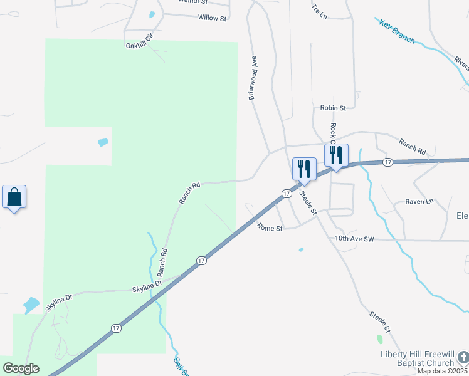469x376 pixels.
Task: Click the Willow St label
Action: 212,18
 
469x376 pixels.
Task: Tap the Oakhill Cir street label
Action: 139,44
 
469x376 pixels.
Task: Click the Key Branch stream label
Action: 397,31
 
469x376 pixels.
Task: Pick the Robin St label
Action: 333,108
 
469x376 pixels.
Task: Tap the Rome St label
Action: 270,229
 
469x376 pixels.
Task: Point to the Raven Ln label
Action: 419,201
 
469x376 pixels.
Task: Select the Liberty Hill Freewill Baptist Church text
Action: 418,358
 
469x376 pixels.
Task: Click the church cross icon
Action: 463,357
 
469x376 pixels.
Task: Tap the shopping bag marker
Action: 14,197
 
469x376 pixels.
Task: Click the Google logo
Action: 21,368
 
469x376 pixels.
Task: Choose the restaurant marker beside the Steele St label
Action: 304,169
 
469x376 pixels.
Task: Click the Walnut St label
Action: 192,2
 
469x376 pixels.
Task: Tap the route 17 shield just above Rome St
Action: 286,194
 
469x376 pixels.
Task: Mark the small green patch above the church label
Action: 379,339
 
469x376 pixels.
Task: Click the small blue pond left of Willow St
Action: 152,14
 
